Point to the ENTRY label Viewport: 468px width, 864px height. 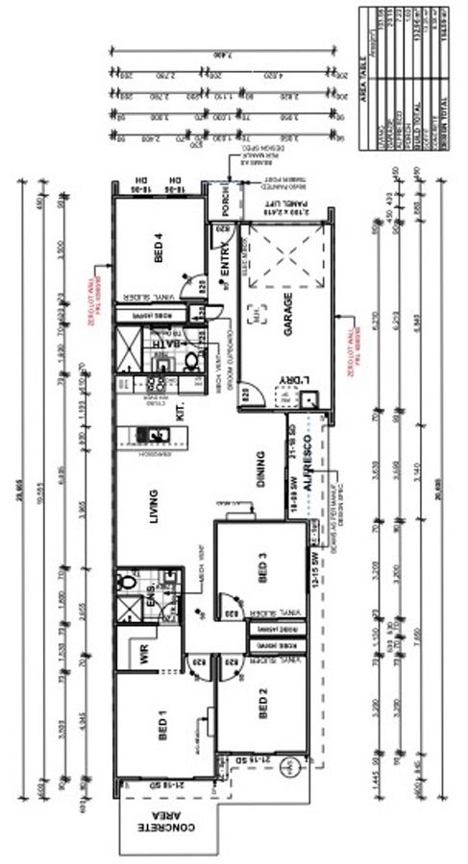coord(224,276)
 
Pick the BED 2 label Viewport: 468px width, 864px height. coord(262,708)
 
